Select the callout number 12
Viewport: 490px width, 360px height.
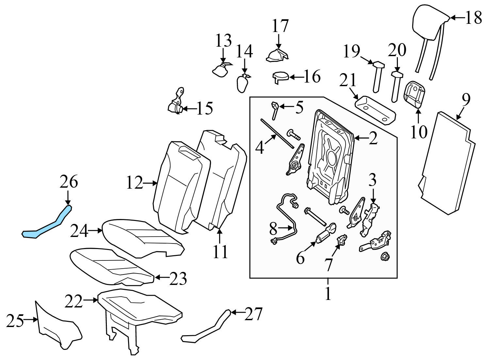(135, 183)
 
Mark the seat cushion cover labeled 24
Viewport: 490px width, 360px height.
(140, 237)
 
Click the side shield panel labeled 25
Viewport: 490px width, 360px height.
(57, 326)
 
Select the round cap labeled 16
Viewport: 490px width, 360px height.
(281, 77)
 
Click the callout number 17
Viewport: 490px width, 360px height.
(281, 26)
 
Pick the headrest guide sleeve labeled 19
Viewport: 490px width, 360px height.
(378, 77)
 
